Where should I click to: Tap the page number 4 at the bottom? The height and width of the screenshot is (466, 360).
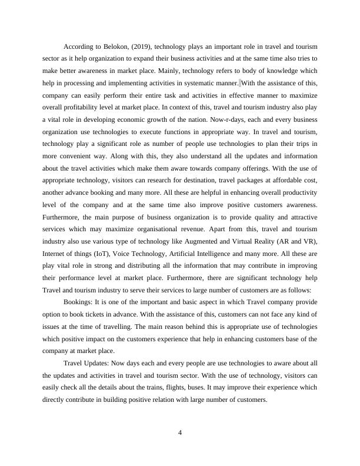(181, 434)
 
